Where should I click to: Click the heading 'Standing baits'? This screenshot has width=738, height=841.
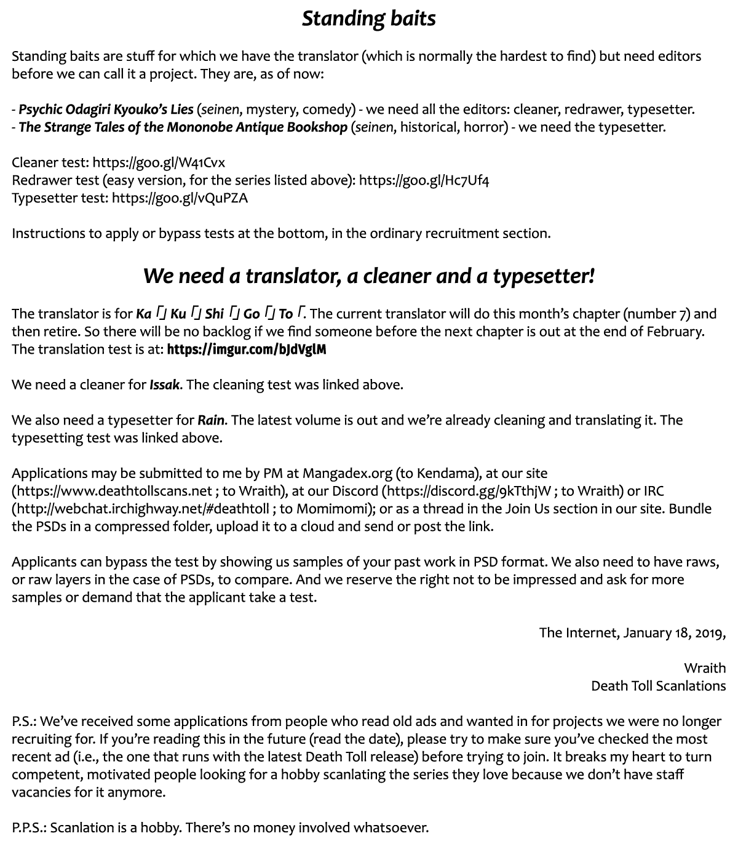pyautogui.click(x=368, y=18)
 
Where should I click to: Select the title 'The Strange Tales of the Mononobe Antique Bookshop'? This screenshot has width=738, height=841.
pyautogui.click(x=183, y=127)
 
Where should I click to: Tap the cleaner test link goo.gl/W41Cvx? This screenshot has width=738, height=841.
pyautogui.click(x=159, y=162)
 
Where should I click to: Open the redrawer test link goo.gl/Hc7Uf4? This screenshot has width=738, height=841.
pyautogui.click(x=424, y=180)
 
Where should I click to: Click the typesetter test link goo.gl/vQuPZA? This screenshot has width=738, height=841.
pyautogui.click(x=180, y=198)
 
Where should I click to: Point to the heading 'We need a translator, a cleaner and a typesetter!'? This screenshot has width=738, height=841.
pyautogui.click(x=368, y=276)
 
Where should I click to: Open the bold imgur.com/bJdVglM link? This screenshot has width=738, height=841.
pyautogui.click(x=246, y=349)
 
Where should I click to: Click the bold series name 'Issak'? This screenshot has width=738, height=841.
pyautogui.click(x=165, y=385)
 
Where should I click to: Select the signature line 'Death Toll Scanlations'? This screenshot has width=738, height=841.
pyautogui.click(x=658, y=686)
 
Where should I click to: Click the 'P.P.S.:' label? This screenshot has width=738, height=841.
pyautogui.click(x=29, y=828)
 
